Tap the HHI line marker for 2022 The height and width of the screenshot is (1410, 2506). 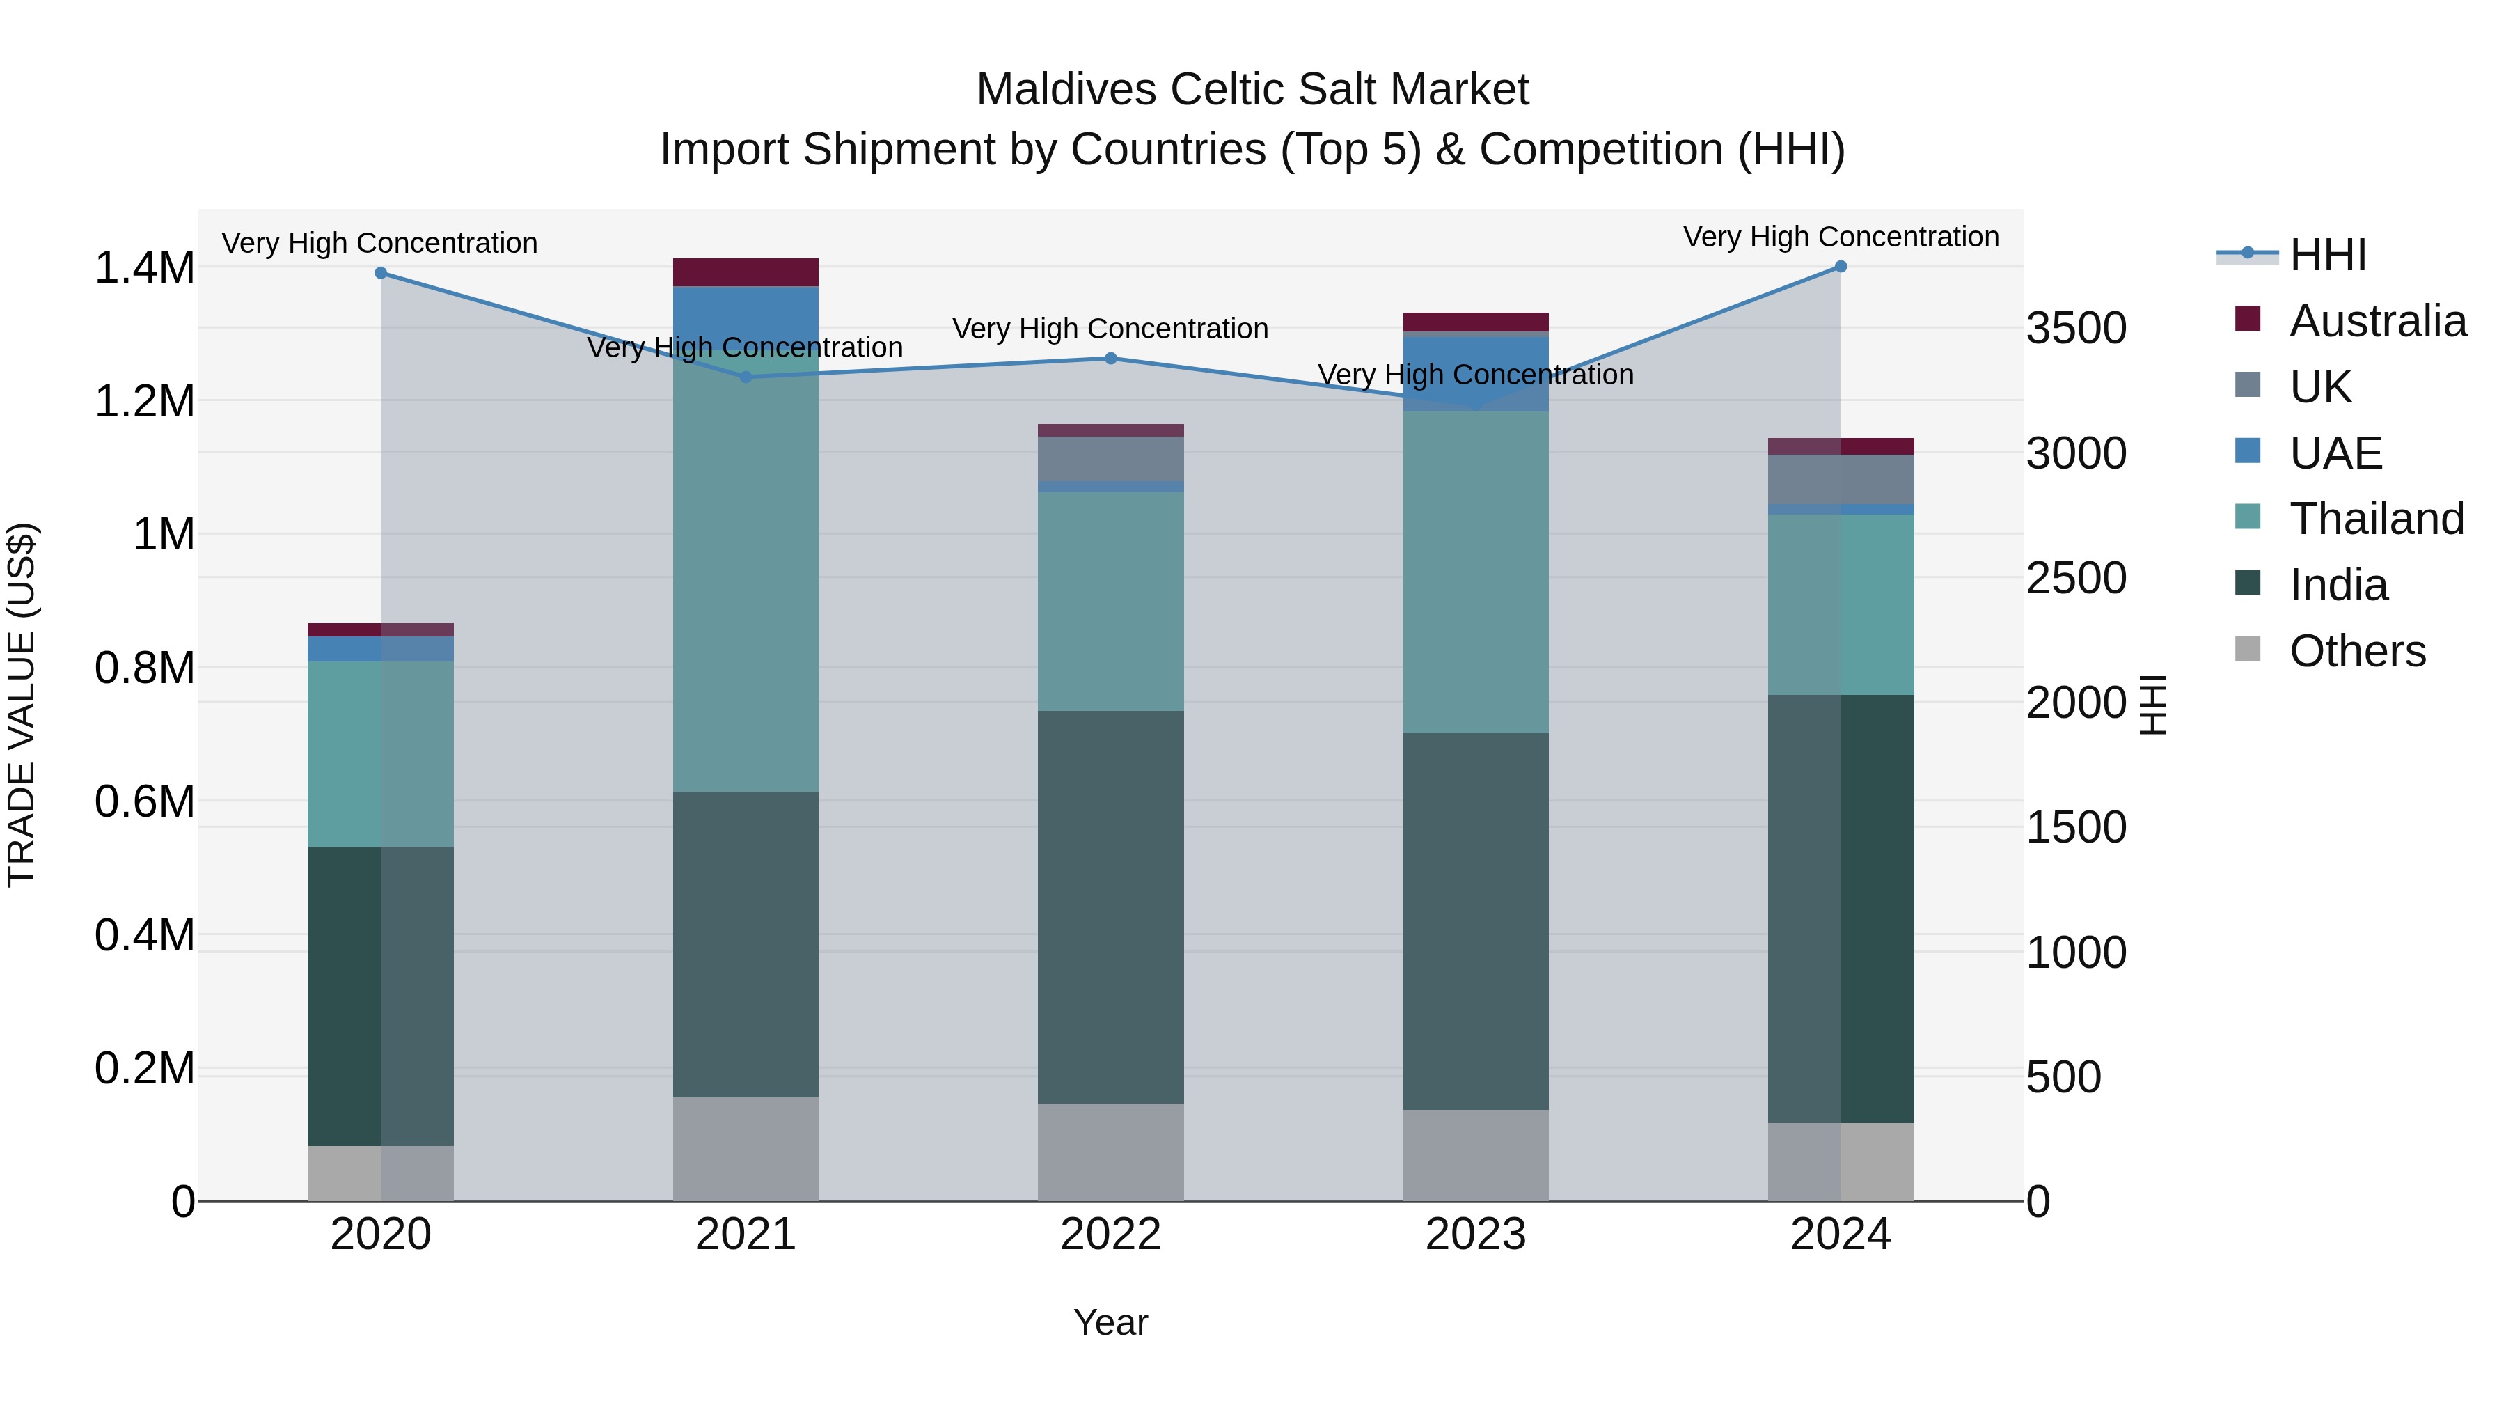click(x=1111, y=358)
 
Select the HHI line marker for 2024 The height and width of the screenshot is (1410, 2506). click(x=1841, y=267)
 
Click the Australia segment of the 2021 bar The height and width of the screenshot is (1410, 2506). click(x=745, y=272)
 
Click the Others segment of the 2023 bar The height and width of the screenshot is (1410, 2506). click(x=1476, y=1155)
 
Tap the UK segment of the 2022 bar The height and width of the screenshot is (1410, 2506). click(x=1111, y=458)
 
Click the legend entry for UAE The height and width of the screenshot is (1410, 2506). click(x=2335, y=453)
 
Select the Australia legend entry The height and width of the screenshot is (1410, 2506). click(x=2377, y=321)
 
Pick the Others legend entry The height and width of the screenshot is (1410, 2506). click(x=2356, y=651)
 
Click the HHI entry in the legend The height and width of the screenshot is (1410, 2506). click(x=2327, y=255)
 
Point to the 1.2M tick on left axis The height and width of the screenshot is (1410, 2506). click(x=145, y=402)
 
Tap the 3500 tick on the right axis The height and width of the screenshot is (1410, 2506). click(x=2076, y=328)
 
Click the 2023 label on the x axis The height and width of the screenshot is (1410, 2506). click(x=1476, y=1235)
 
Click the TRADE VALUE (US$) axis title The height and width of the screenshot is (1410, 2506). click(x=22, y=705)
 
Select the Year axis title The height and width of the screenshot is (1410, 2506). click(x=1110, y=1322)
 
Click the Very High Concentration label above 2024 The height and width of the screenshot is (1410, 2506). click(x=1841, y=237)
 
